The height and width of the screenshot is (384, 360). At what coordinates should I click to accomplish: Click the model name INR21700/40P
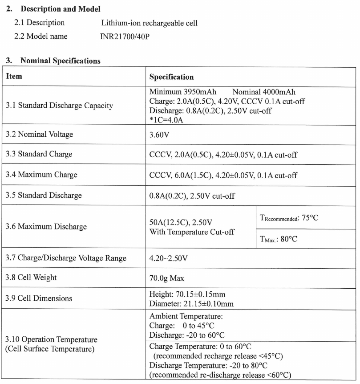point(125,37)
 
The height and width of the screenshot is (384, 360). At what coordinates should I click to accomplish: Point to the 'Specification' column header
point(171,77)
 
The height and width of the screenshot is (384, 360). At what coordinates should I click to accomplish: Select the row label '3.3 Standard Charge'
point(39,154)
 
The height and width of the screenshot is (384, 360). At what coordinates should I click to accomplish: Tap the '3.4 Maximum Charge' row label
point(41,175)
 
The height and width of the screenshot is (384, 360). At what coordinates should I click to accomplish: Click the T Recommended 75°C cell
point(289,218)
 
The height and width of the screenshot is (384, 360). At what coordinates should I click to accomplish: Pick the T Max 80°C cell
point(278,239)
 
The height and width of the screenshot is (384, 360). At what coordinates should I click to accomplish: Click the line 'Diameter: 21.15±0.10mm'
point(192,304)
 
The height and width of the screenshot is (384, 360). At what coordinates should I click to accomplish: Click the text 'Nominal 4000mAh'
point(264,92)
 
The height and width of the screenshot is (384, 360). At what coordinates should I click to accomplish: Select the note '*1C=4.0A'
point(166,120)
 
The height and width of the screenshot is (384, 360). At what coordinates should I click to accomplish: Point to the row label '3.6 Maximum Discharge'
point(46,227)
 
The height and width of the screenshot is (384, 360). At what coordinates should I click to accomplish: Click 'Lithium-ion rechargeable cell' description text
point(150,23)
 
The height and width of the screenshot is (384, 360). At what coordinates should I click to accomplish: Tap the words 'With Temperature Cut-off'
point(192,232)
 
